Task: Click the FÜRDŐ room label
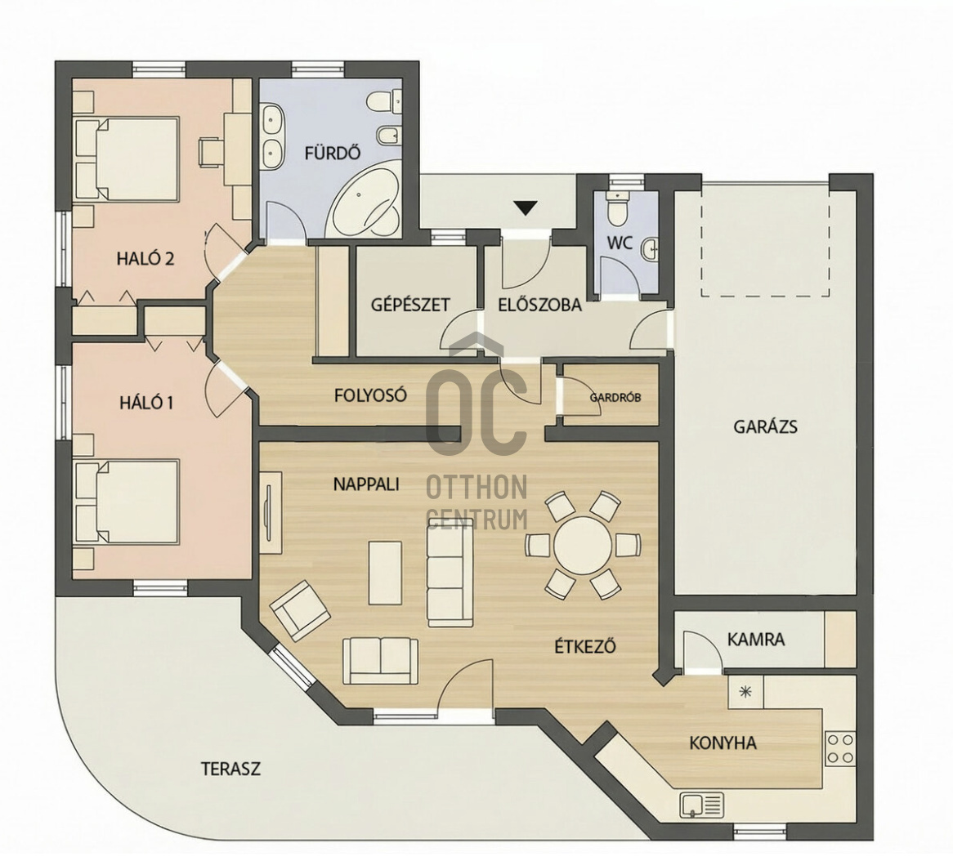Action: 333,152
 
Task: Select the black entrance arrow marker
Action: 526,207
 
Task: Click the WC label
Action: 620,243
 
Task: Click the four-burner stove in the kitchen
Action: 840,748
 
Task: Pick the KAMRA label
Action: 756,640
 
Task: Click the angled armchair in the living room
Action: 300,610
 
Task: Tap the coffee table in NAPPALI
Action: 385,573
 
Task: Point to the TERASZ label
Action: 231,769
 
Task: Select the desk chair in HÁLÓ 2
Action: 210,151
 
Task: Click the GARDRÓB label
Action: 615,398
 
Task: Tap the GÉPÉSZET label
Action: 410,304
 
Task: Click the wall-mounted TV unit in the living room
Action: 271,511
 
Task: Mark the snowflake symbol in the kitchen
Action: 745,691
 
